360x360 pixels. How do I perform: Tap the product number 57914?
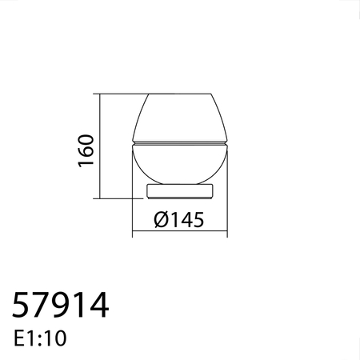click(60, 306)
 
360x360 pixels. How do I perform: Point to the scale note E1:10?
click(41, 338)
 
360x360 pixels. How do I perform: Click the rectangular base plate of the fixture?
click(180, 190)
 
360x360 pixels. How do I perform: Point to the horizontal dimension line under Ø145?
click(180, 234)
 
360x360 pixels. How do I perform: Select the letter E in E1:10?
click(19, 338)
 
